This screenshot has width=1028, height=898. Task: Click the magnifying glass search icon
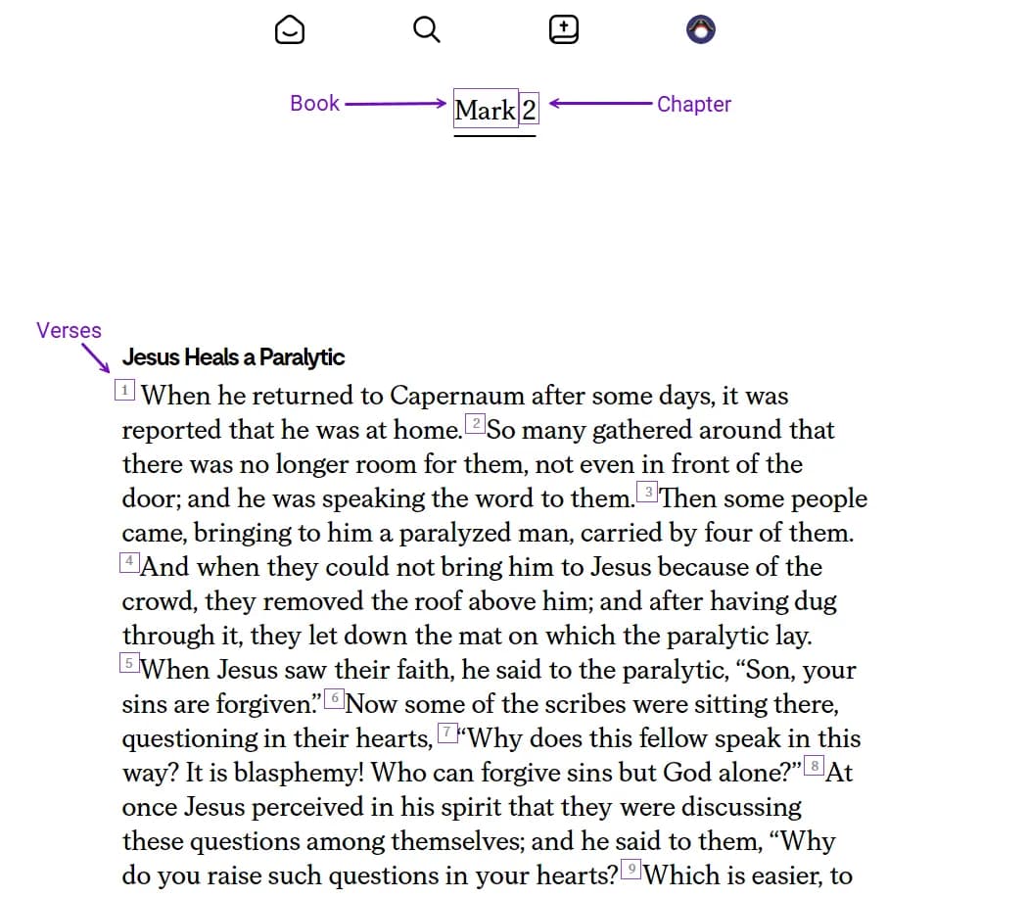[427, 30]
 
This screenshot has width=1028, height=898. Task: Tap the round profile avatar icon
[701, 30]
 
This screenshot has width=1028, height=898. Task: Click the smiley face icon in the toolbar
[290, 30]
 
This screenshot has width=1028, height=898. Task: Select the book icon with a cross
[564, 30]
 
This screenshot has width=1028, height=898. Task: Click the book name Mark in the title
[485, 110]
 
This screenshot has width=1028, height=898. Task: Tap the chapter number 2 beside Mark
[529, 110]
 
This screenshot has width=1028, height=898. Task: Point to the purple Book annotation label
[314, 103]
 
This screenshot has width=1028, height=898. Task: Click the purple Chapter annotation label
[693, 104]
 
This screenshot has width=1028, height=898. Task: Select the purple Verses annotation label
[69, 330]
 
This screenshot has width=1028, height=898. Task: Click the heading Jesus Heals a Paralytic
[233, 357]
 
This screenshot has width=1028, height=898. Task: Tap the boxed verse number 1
[125, 391]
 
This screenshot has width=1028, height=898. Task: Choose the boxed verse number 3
[648, 492]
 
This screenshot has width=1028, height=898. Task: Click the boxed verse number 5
[128, 664]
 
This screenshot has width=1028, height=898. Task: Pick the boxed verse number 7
[447, 732]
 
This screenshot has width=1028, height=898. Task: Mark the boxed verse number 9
[631, 869]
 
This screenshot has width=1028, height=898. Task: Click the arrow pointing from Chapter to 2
[599, 104]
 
